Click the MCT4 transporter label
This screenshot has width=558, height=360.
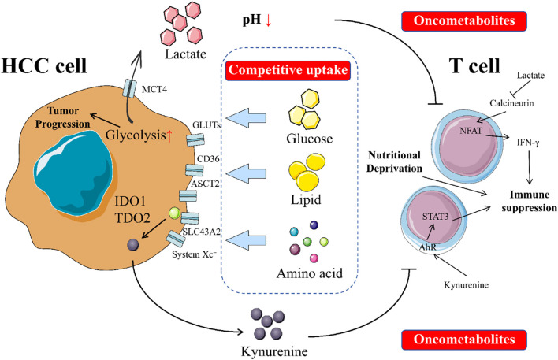(x=154, y=89)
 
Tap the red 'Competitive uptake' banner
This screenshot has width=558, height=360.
(x=288, y=70)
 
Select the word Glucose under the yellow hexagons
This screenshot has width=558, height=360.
(x=309, y=139)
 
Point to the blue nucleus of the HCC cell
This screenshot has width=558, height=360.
(x=75, y=173)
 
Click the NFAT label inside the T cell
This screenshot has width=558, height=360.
(x=471, y=131)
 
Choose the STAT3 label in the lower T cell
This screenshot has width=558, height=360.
(x=435, y=217)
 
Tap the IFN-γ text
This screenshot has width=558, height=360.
(x=528, y=143)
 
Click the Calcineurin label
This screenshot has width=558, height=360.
(x=511, y=103)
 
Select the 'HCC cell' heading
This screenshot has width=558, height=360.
(x=44, y=66)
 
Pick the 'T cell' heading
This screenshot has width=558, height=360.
(x=474, y=66)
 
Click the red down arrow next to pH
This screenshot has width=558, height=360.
(x=268, y=20)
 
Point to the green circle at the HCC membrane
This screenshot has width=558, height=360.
(x=174, y=213)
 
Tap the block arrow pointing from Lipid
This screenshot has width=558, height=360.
(x=246, y=173)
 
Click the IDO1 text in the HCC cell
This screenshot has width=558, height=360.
(x=130, y=202)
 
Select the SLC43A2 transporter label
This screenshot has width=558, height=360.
(x=202, y=232)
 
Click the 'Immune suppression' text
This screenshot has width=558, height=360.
(x=529, y=201)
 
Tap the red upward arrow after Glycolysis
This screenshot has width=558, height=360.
(x=169, y=135)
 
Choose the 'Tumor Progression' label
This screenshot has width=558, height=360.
(x=62, y=117)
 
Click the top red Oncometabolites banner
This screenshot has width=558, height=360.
(x=464, y=20)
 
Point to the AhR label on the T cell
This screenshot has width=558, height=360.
(x=427, y=247)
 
